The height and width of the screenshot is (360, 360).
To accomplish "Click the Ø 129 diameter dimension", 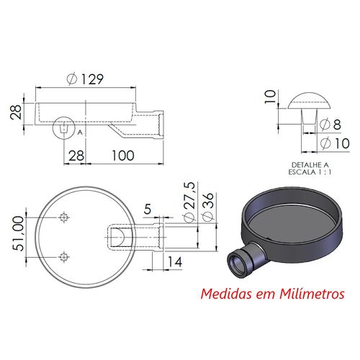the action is click(x=85, y=79).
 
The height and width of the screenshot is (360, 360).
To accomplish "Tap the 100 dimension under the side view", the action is click(x=123, y=156).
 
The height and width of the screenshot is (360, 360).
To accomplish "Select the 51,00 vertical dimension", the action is click(x=18, y=233).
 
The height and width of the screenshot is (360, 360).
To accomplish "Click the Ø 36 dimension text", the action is click(x=207, y=207).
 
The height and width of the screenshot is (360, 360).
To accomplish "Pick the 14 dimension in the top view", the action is click(x=175, y=261).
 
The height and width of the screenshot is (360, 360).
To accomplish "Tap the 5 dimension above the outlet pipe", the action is click(x=148, y=209).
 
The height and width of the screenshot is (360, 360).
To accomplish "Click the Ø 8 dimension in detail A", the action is click(x=330, y=125).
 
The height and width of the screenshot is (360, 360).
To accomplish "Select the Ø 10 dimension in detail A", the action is click(x=335, y=143).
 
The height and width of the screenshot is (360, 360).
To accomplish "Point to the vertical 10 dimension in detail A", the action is click(x=270, y=96).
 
